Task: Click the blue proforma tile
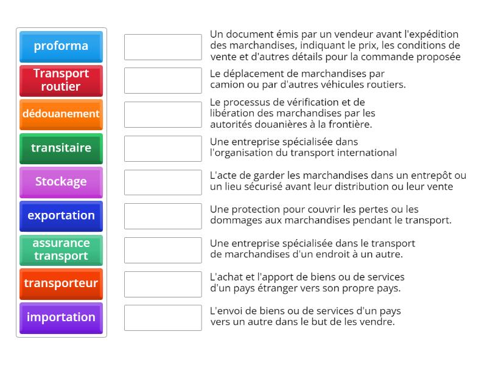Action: click(61, 46)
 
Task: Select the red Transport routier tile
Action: click(61, 80)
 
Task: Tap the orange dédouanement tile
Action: click(61, 114)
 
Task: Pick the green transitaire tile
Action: click(61, 148)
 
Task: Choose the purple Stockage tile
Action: click(61, 181)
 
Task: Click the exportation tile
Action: click(61, 215)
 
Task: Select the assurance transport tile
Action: click(61, 249)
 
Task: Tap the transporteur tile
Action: click(61, 283)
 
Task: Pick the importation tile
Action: click(61, 317)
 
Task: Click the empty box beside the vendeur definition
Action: click(163, 47)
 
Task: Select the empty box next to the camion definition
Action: click(163, 80)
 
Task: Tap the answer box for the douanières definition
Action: click(163, 114)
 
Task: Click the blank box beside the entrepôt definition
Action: click(163, 182)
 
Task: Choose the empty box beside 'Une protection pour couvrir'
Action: click(163, 216)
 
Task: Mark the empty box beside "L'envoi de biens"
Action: click(163, 318)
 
